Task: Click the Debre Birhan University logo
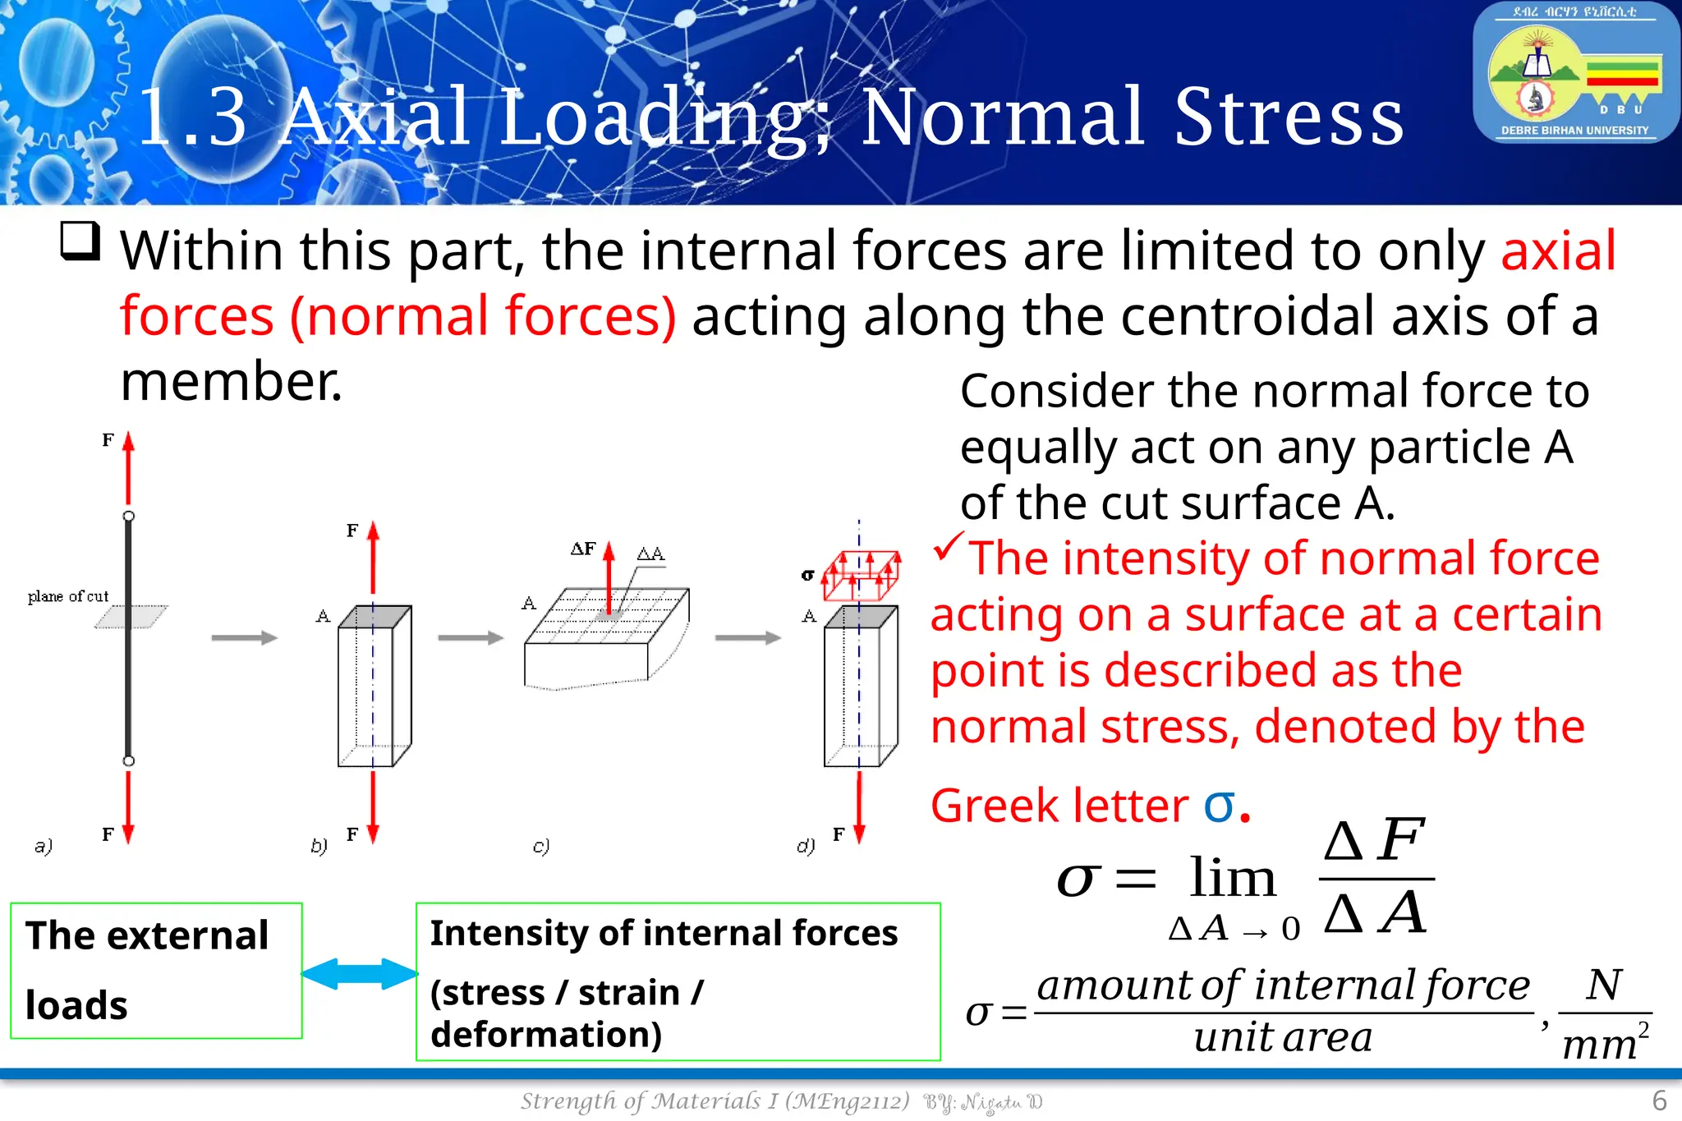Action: click(x=1575, y=73)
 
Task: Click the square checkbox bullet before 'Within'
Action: click(x=80, y=241)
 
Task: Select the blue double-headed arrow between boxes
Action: click(x=360, y=974)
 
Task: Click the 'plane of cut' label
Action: click(x=68, y=596)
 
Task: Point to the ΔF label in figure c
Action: click(x=583, y=549)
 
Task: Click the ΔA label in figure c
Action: click(x=650, y=554)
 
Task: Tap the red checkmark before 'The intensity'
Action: click(x=948, y=547)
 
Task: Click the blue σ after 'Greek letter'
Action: click(x=1219, y=806)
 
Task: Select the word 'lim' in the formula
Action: click(x=1233, y=879)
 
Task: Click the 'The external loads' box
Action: click(x=156, y=970)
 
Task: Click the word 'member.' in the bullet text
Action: click(x=232, y=382)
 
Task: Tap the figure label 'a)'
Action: click(x=44, y=845)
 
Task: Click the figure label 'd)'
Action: click(x=806, y=845)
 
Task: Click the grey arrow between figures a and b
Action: click(x=244, y=637)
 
